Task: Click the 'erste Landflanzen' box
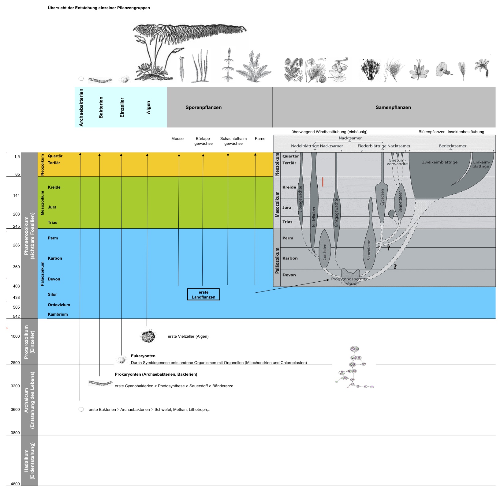click(203, 295)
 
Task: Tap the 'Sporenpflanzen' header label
click(203, 107)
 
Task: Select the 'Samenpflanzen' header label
click(393, 107)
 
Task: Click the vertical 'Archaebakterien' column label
click(81, 107)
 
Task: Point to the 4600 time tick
click(15, 484)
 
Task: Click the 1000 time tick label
click(15, 336)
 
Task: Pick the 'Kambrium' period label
click(58, 314)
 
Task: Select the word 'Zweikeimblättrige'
click(440, 162)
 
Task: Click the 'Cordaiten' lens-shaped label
click(325, 252)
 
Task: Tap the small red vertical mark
click(323, 182)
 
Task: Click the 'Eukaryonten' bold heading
click(143, 356)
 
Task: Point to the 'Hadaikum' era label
click(29, 461)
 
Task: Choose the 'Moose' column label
click(177, 139)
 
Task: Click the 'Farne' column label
click(260, 139)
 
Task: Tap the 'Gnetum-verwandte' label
click(397, 162)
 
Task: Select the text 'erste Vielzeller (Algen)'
click(188, 336)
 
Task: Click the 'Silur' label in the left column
click(52, 295)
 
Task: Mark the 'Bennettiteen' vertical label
click(400, 201)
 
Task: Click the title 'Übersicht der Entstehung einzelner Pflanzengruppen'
click(99, 8)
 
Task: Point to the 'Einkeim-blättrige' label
click(481, 164)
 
